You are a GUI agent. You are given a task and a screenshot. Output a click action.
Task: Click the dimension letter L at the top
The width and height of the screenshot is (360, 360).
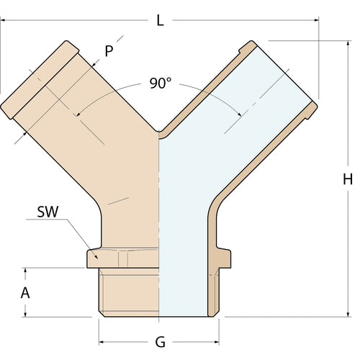(x=160, y=20)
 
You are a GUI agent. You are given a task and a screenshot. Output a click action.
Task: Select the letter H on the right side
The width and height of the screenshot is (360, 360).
(x=348, y=179)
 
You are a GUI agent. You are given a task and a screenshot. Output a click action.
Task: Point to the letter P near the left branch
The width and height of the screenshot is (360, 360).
(x=109, y=50)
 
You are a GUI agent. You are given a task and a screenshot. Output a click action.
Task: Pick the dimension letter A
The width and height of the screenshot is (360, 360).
(x=26, y=293)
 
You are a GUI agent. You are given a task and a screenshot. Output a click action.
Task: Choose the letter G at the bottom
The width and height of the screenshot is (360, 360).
(x=159, y=341)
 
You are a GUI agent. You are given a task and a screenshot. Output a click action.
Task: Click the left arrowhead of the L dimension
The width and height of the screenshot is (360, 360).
(x=3, y=22)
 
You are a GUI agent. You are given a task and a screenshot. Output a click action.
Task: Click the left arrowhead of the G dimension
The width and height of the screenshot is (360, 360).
(x=102, y=340)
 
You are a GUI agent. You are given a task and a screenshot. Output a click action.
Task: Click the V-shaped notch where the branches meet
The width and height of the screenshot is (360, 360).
(x=159, y=132)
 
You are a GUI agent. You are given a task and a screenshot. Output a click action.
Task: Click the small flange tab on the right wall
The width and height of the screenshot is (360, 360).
(x=225, y=256)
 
